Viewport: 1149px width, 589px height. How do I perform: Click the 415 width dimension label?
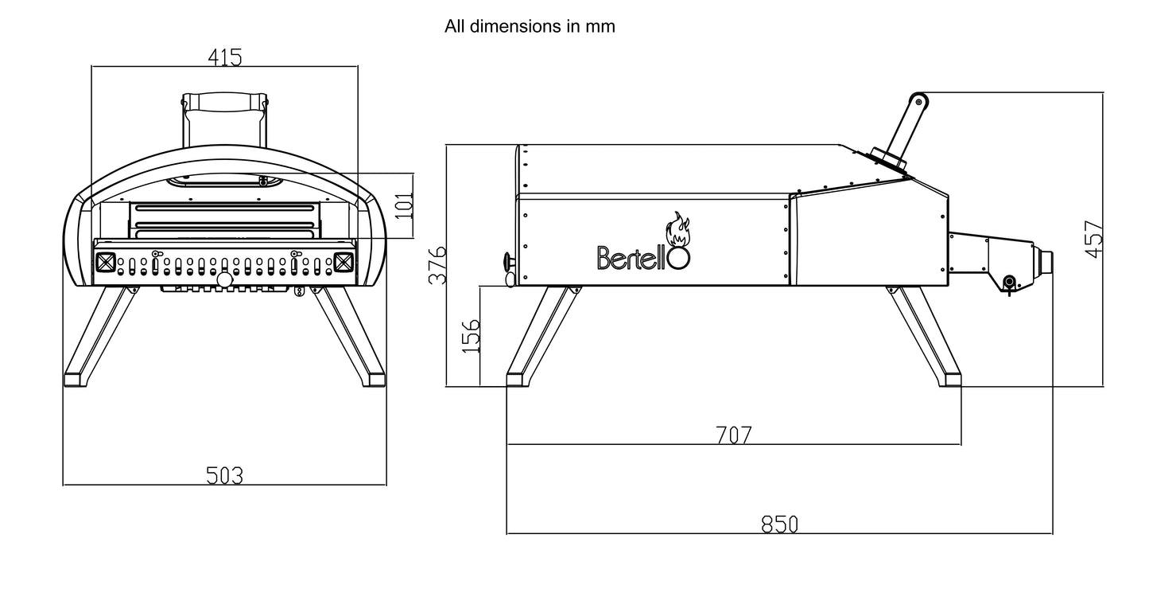point(224,57)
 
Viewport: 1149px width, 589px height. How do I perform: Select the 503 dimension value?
point(224,476)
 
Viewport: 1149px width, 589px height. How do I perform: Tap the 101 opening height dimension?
point(406,205)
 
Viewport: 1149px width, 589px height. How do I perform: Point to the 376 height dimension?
point(437,265)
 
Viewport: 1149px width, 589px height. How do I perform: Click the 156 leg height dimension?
point(471,336)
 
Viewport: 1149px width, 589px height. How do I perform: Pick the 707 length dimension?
point(733,435)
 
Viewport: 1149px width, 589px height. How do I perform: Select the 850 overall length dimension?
point(779,525)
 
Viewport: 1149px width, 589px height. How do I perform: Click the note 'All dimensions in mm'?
point(530,26)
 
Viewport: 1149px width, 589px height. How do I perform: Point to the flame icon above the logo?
point(678,229)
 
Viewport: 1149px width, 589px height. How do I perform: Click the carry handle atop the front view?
point(225,103)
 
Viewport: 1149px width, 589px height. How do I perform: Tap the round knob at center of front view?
point(224,280)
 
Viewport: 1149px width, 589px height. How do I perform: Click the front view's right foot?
point(371,376)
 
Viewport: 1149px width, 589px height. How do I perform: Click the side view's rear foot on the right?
point(949,377)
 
